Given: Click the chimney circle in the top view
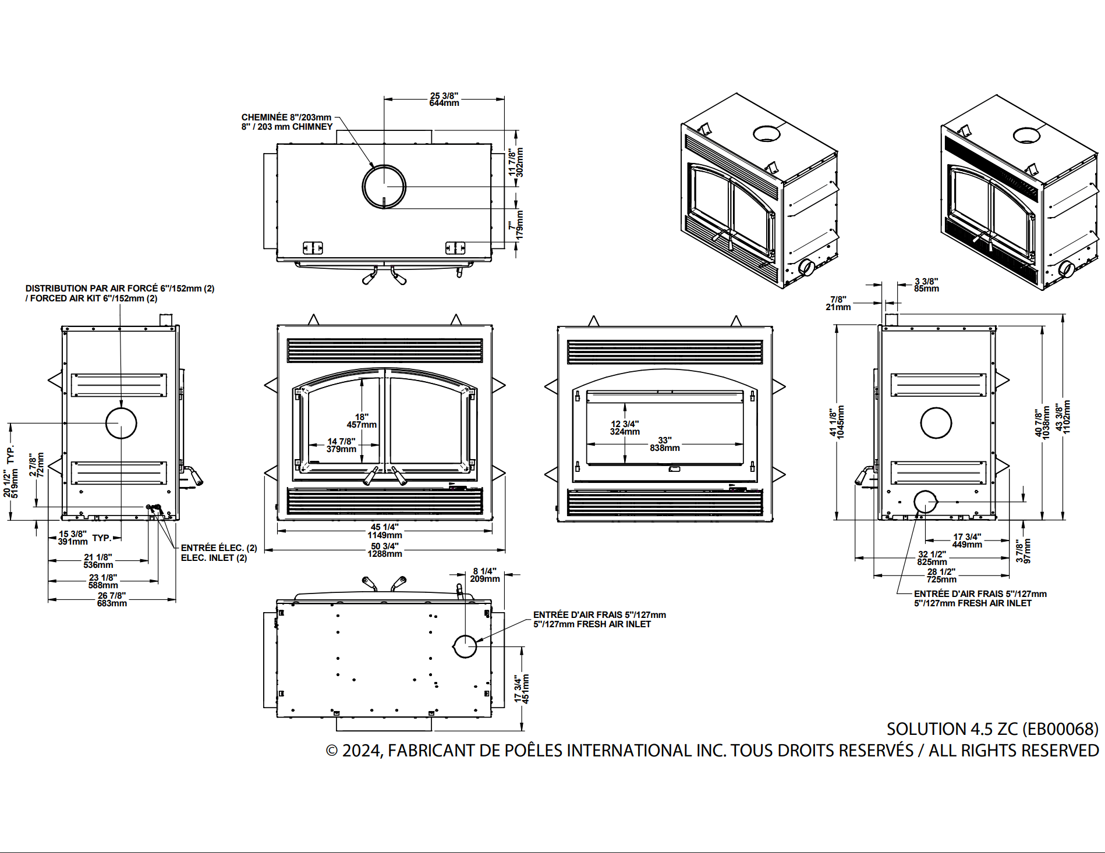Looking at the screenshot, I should click(x=384, y=186).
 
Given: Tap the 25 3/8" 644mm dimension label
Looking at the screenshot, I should click(x=444, y=99).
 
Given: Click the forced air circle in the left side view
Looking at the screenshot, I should click(x=121, y=423).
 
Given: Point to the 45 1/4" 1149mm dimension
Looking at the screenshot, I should click(x=384, y=531).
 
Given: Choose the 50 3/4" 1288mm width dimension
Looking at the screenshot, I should click(x=384, y=550).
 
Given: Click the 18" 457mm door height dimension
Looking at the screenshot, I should click(x=362, y=421).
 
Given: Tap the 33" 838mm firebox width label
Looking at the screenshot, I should click(x=665, y=444).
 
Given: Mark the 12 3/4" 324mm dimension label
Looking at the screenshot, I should click(x=625, y=428).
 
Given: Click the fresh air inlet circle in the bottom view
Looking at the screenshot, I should click(x=465, y=646).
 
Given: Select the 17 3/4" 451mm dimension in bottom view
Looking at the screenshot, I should click(x=522, y=689).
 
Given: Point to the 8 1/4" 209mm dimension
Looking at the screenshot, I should click(x=484, y=575).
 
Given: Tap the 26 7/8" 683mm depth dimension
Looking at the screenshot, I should click(x=111, y=599).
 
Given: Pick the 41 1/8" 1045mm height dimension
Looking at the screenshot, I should click(x=837, y=422).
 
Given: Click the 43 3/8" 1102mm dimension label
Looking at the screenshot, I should click(x=1062, y=417).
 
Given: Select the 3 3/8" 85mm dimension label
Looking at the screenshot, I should click(x=926, y=285).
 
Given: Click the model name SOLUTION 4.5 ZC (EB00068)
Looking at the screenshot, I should click(x=992, y=729).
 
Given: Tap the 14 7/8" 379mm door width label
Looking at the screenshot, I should click(x=341, y=445).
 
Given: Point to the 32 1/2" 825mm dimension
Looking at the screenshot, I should click(x=932, y=558).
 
